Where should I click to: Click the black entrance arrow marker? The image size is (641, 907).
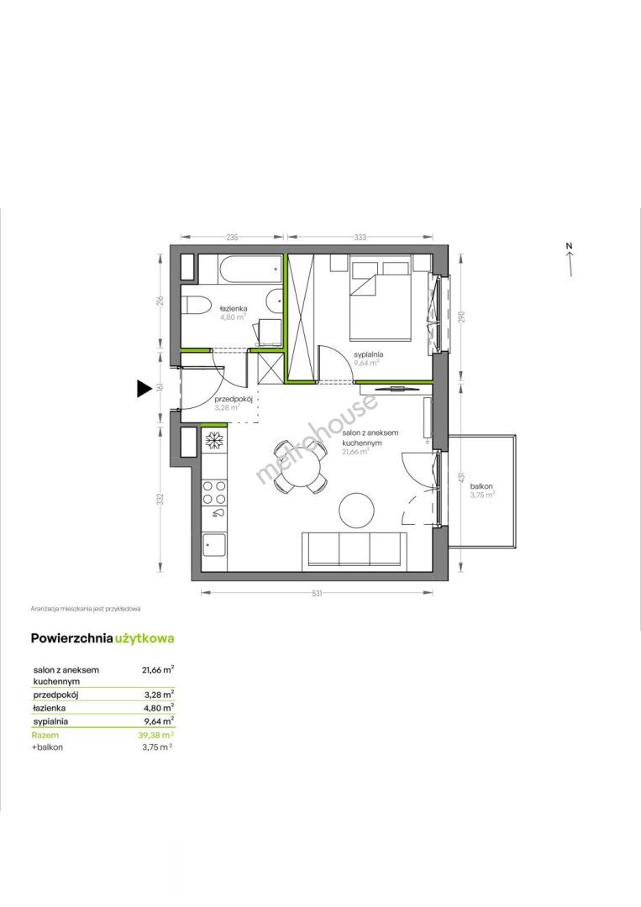(x=144, y=388)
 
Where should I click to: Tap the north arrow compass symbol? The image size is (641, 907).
(x=570, y=260)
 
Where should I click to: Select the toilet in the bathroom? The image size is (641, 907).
(x=195, y=306)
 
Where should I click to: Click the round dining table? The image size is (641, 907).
(x=302, y=466)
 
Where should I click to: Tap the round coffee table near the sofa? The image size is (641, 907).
(x=358, y=510)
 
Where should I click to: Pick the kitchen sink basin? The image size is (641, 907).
(x=213, y=545)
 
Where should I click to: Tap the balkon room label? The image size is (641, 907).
(x=481, y=486)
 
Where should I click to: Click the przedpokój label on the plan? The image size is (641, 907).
(x=234, y=399)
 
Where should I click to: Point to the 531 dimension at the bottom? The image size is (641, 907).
(x=317, y=593)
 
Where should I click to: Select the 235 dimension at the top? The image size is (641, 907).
(x=231, y=237)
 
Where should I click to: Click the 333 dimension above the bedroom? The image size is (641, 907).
(x=360, y=237)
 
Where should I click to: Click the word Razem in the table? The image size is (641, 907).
(x=45, y=735)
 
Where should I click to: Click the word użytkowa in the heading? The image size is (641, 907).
(x=144, y=639)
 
